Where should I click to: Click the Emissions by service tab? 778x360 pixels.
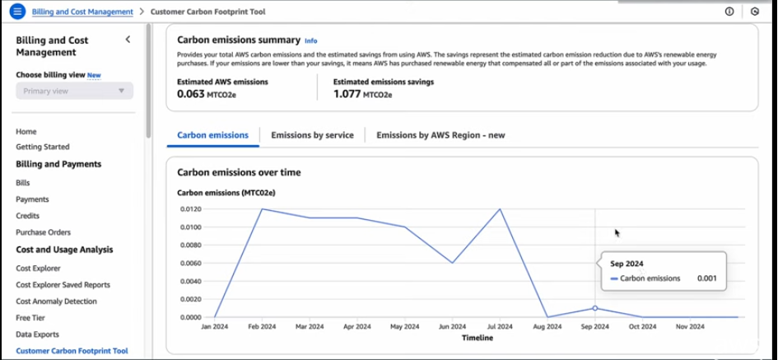click(x=312, y=135)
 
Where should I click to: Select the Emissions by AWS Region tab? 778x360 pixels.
click(x=440, y=135)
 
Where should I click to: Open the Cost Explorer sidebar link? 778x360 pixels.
click(x=38, y=268)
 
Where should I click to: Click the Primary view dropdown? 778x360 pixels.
click(x=74, y=91)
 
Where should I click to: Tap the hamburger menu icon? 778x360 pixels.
click(x=16, y=12)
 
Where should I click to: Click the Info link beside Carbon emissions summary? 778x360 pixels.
click(x=310, y=40)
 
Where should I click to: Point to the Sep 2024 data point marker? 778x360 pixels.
click(x=595, y=308)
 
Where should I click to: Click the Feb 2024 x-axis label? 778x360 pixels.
click(x=263, y=327)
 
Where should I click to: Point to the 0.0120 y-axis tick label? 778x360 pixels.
click(x=190, y=208)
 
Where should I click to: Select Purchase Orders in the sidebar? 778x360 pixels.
click(x=43, y=232)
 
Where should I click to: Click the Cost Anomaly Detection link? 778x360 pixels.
click(x=56, y=302)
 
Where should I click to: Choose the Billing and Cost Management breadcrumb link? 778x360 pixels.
click(x=82, y=12)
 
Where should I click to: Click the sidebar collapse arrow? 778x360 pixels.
click(x=128, y=40)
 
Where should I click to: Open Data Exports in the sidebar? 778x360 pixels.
click(x=37, y=334)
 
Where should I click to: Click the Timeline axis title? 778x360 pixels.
click(x=478, y=338)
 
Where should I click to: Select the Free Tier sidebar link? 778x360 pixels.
click(x=30, y=318)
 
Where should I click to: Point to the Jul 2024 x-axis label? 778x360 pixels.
click(x=501, y=327)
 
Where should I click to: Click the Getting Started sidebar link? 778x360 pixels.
click(x=43, y=147)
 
